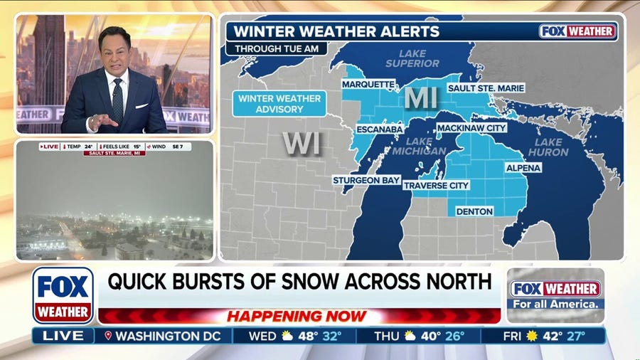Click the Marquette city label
click(368, 85)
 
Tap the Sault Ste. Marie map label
click(486, 88)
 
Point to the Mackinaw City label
click(471, 128)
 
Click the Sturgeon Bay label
click(366, 181)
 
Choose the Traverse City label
click(437, 185)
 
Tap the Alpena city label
click(523, 168)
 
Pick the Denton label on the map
click(475, 211)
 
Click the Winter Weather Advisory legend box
click(279, 103)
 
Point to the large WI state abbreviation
click(302, 143)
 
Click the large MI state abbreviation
click(422, 99)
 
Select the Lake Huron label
click(548, 147)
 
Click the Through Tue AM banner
click(276, 48)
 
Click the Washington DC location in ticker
click(168, 336)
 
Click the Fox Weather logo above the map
click(578, 31)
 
